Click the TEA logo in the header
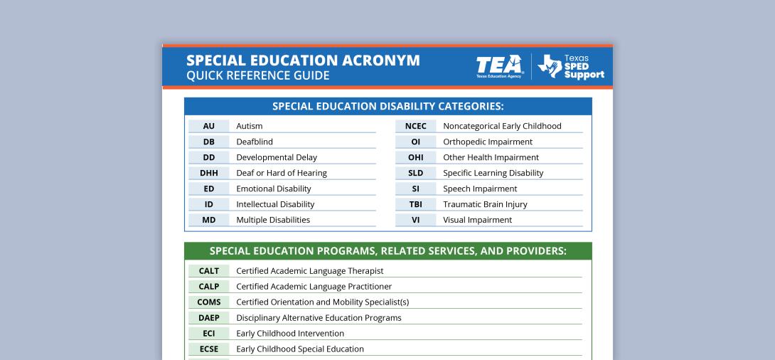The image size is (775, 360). [501, 66]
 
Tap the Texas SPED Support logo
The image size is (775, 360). [571, 66]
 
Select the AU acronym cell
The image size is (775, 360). [208, 126]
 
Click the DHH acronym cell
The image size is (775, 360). [208, 173]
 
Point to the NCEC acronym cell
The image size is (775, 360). [415, 126]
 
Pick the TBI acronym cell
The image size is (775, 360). [415, 204]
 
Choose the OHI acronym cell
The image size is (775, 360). [415, 157]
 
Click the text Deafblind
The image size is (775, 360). [255, 142]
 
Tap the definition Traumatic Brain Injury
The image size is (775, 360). [485, 204]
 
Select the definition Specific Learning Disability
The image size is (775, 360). [493, 173]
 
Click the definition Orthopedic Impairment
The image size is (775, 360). [487, 142]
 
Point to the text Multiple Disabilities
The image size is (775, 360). [273, 220]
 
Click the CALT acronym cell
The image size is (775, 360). [208, 271]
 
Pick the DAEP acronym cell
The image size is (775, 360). [208, 318]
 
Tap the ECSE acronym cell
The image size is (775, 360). [208, 349]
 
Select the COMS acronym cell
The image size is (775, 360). [208, 302]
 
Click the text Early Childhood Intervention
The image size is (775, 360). [290, 334]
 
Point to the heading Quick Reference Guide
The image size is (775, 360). [257, 75]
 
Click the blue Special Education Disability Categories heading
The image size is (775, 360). [388, 107]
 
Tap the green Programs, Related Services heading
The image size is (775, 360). [388, 251]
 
